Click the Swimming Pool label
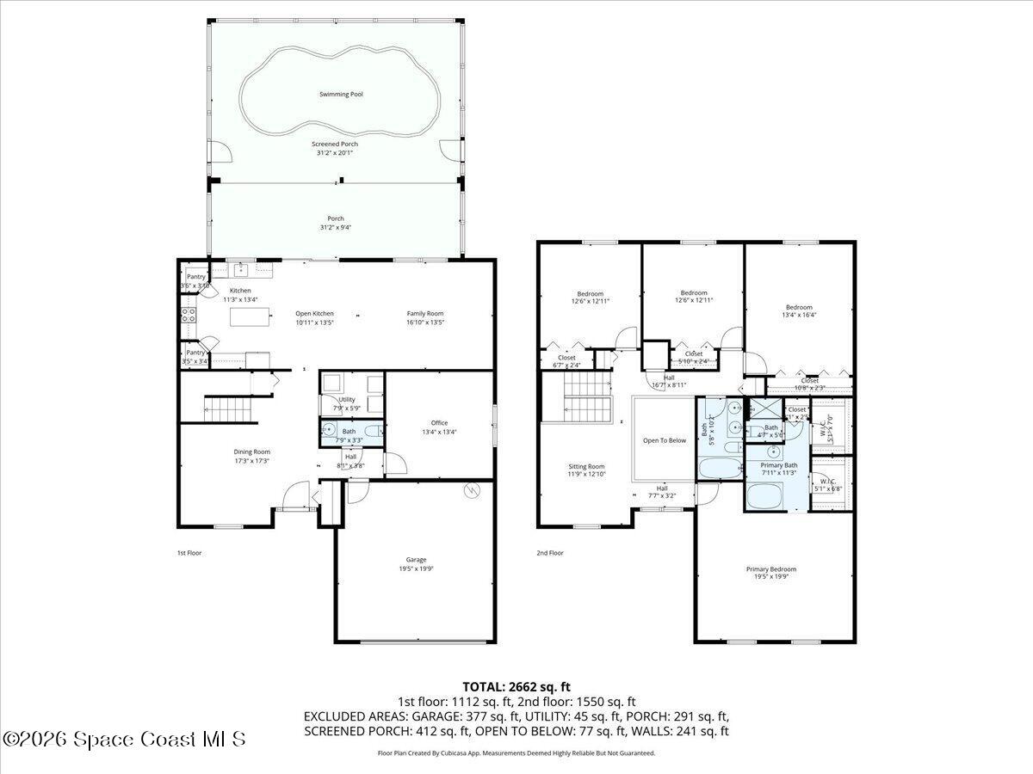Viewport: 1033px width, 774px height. click(341, 94)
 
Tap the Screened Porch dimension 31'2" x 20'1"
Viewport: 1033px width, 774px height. click(335, 152)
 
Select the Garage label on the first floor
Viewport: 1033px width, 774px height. click(416, 560)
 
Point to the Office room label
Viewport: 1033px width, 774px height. click(439, 422)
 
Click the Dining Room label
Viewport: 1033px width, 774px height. click(252, 451)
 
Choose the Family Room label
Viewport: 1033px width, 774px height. click(425, 313)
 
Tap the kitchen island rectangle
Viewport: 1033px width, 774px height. click(251, 316)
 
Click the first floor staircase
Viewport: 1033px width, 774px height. click(230, 408)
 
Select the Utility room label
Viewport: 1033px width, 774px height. click(346, 399)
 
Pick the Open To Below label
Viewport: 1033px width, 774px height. click(665, 440)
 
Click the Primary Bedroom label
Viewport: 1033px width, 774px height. click(770, 568)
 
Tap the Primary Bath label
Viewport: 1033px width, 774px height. click(778, 465)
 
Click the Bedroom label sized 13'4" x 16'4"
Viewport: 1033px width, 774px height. click(798, 307)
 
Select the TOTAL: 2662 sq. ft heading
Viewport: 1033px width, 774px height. click(516, 686)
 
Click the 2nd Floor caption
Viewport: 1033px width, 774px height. click(549, 553)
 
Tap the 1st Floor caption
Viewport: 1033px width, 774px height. click(189, 553)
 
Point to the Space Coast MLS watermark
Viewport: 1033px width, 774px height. click(124, 739)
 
